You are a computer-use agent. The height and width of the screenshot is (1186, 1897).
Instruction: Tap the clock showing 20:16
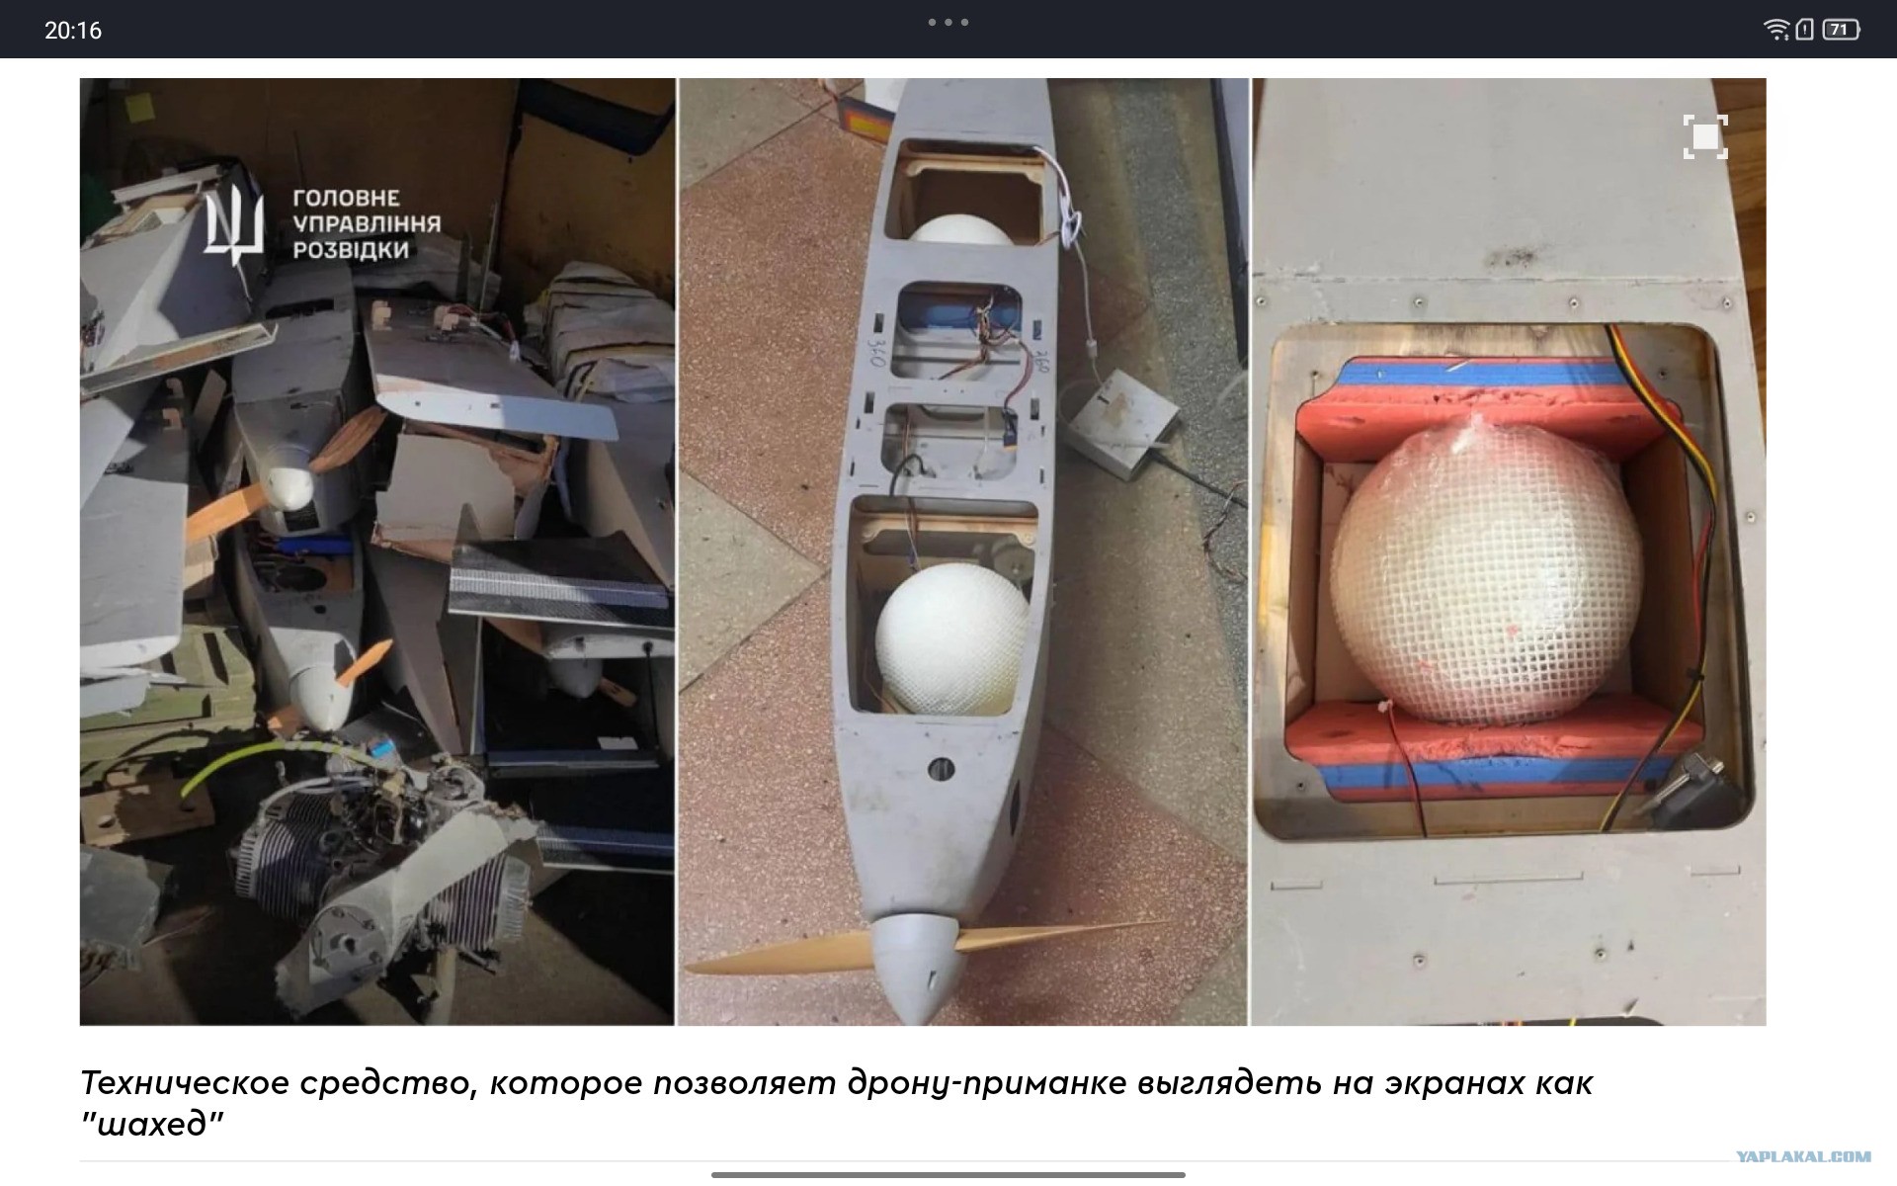click(73, 31)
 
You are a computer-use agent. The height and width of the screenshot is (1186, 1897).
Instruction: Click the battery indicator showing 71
click(1841, 30)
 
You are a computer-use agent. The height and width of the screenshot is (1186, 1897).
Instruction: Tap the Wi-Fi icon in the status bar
click(1776, 30)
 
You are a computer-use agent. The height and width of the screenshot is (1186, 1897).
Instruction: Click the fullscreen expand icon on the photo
click(1705, 136)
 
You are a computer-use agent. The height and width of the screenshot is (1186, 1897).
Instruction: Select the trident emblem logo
click(234, 227)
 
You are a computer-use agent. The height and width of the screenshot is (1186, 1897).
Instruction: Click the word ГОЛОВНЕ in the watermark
click(346, 199)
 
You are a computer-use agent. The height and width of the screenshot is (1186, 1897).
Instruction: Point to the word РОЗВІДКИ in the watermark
click(351, 250)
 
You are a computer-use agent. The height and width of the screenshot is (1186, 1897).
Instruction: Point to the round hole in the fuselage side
click(942, 769)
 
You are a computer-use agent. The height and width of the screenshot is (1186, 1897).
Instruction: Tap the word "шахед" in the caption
click(152, 1124)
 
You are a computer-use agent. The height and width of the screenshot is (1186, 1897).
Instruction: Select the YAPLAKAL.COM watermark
click(1803, 1156)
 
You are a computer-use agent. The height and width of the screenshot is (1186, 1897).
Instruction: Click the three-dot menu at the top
click(948, 22)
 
